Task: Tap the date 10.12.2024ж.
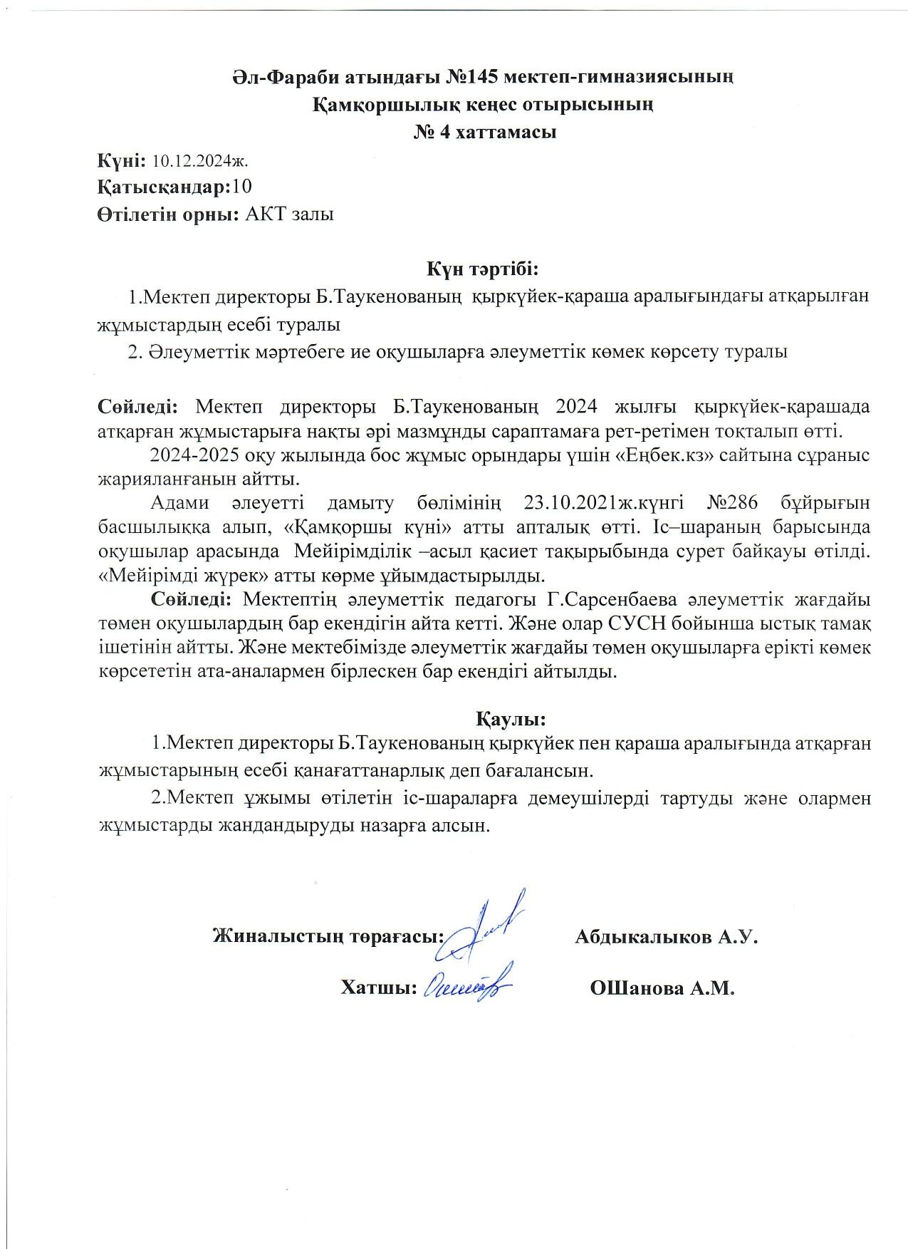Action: (199, 161)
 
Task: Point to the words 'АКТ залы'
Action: (289, 214)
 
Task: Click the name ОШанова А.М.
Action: (662, 989)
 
